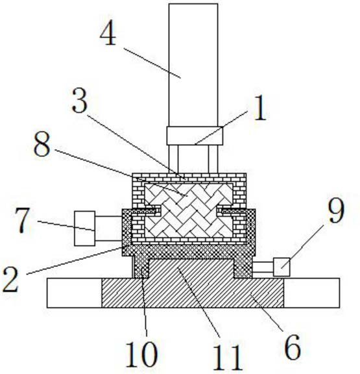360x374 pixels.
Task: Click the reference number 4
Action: pos(108,33)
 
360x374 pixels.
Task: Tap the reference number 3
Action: pos(80,101)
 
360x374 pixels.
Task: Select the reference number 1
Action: pos(260,108)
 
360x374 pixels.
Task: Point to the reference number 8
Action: pos(42,144)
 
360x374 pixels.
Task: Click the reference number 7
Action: pos(23,220)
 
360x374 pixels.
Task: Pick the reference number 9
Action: pos(336,210)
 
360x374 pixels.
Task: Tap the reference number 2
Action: pos(11,279)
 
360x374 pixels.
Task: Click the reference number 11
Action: pos(227,358)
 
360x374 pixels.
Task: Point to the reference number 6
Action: pos(293,347)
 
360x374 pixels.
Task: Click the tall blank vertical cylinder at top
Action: pos(193,65)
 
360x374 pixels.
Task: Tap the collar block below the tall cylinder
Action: pos(195,136)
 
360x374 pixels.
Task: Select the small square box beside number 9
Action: pos(282,267)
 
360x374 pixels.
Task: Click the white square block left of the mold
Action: pos(85,229)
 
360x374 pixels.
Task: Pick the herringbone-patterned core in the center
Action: pos(189,210)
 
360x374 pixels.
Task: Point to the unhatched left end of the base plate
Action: pos(75,293)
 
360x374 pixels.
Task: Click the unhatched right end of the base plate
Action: pos(311,293)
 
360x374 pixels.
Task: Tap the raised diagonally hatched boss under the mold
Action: pos(191,269)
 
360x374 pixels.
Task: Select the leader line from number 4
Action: pos(152,63)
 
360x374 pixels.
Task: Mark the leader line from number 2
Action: pos(75,261)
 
